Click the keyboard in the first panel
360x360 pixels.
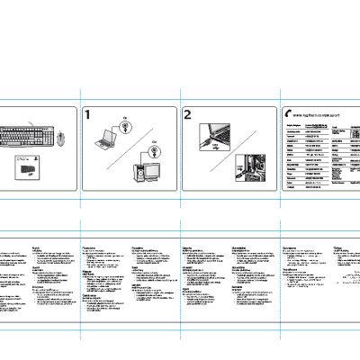28,137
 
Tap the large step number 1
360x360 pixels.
88,114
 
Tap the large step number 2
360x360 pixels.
187,114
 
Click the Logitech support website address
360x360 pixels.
317,114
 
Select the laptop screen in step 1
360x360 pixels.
107,133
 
